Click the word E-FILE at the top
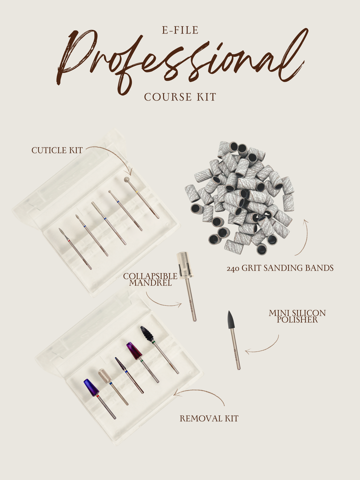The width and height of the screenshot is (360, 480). (x=179, y=31)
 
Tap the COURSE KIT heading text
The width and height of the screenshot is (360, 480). (x=180, y=97)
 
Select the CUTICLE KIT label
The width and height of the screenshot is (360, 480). (x=56, y=150)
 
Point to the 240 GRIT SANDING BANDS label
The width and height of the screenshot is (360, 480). (x=279, y=268)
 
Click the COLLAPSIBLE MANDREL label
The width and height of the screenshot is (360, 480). (x=150, y=279)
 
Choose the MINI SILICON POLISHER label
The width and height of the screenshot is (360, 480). (x=297, y=316)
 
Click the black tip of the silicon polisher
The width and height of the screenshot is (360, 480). (x=231, y=320)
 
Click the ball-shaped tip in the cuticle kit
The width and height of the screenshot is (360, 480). (x=127, y=179)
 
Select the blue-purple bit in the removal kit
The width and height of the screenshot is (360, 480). (x=90, y=388)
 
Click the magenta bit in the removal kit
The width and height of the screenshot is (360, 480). (x=133, y=350)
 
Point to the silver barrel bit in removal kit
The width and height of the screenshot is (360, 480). (x=104, y=376)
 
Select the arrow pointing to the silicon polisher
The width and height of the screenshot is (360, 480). (x=262, y=347)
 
